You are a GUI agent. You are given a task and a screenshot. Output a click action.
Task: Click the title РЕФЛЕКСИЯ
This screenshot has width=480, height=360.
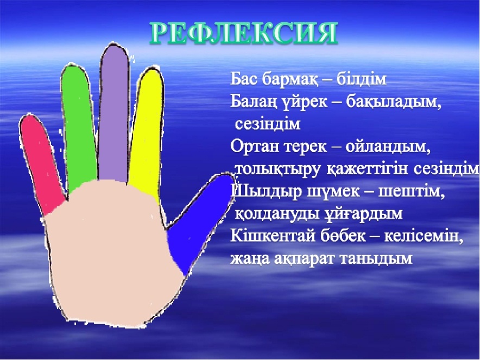[x=244, y=33]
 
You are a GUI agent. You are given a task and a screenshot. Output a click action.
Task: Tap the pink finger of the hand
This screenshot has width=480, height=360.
[x=41, y=164]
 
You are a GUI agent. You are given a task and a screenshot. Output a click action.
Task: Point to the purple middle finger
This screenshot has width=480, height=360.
[x=114, y=113]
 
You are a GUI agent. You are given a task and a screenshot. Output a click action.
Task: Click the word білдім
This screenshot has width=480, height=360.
[x=362, y=79]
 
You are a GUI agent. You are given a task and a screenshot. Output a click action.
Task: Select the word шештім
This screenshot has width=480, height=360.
[x=412, y=192]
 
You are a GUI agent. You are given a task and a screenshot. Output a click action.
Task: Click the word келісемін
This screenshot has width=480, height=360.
[x=424, y=236]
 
